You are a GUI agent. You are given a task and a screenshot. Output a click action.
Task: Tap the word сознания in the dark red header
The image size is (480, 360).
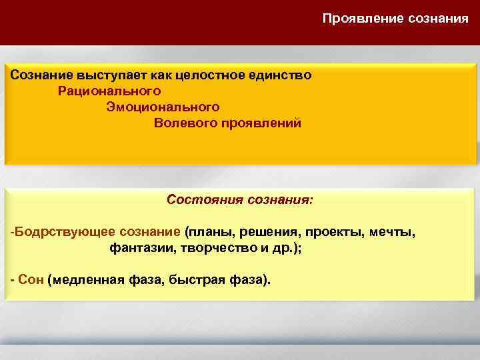(437, 18)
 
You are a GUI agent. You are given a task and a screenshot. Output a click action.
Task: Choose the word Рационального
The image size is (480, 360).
(109, 90)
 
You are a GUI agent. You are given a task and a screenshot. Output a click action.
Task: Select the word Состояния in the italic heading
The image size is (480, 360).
(199, 199)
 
